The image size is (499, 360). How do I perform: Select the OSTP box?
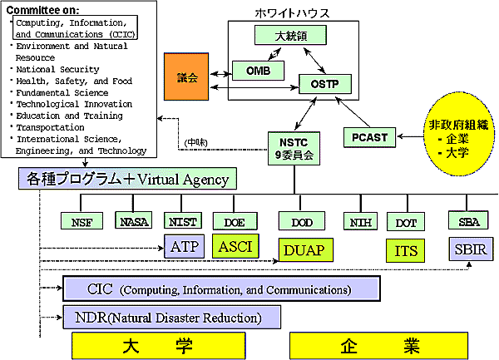[325, 84]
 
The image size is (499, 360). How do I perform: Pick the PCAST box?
[370, 136]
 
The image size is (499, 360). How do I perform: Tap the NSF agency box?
[82, 221]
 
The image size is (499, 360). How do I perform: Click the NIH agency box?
[359, 221]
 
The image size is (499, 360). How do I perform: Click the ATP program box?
[183, 247]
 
